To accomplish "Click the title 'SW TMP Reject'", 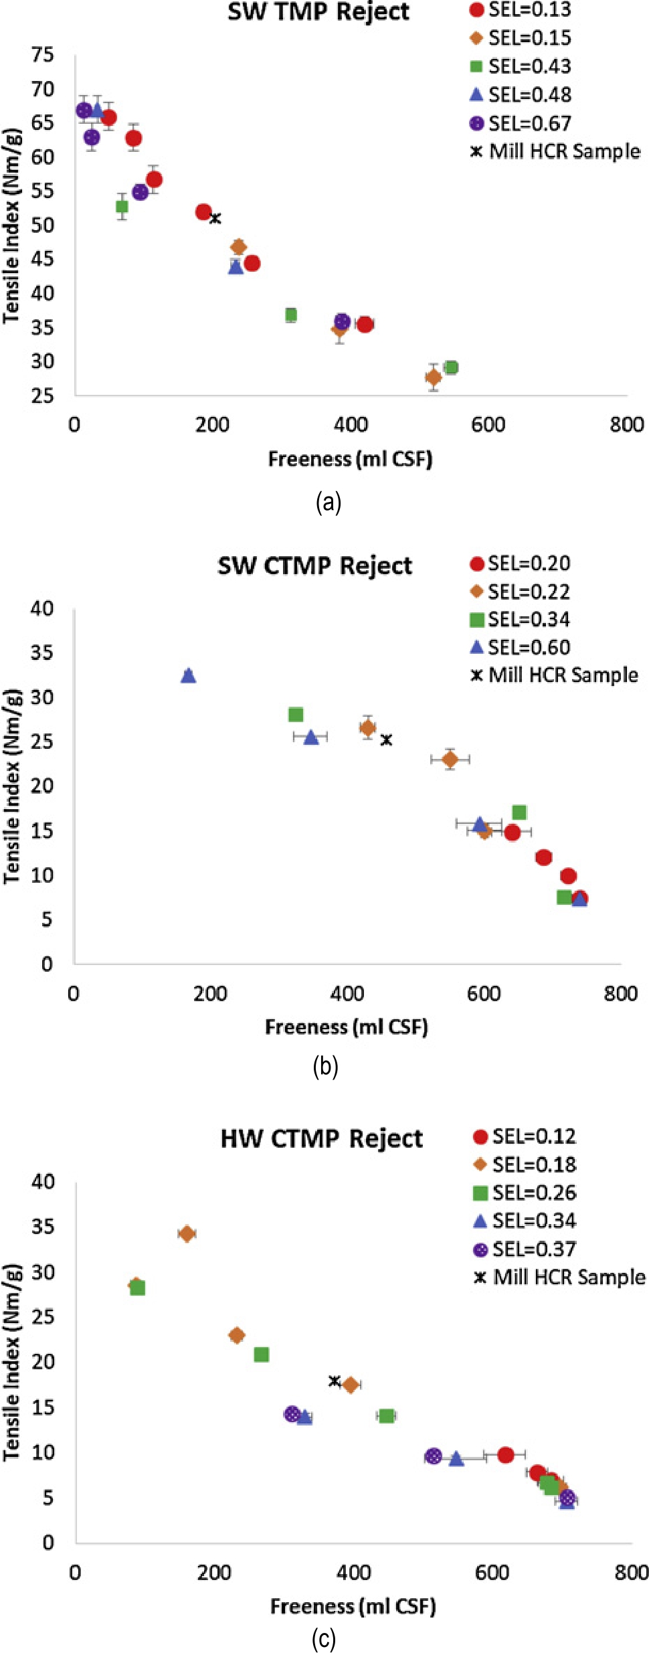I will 318,12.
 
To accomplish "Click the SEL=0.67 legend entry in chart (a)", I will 522,124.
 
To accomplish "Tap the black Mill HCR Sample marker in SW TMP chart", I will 215,218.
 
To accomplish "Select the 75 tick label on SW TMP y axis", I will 43,55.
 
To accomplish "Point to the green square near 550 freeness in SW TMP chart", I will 451,367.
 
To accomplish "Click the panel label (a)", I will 328,502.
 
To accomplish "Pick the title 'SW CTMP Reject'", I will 314,566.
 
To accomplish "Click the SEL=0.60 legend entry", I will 521,648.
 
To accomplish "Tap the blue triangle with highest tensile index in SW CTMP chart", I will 189,676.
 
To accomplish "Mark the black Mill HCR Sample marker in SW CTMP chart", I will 386,739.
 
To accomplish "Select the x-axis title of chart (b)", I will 347,1027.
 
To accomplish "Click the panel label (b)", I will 325,1066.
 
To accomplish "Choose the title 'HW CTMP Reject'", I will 321,1139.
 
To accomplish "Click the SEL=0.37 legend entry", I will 525,1249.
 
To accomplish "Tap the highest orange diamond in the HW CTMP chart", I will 187,1233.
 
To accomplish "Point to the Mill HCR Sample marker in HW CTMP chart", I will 335,1381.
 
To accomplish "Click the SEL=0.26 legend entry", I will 525,1193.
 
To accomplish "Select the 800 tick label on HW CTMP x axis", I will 630,1572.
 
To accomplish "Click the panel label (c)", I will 324,1640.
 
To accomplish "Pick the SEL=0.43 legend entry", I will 522,67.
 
